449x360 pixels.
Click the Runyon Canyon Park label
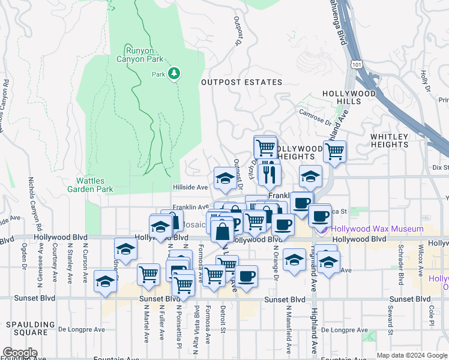pyautogui.click(x=144, y=54)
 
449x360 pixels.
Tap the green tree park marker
pyautogui.click(x=174, y=73)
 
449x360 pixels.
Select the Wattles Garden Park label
pyautogui.click(x=94, y=185)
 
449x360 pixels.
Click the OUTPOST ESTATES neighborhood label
pyautogui.click(x=241, y=82)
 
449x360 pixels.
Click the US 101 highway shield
pyautogui.click(x=357, y=62)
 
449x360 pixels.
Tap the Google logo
pyautogui.click(x=19, y=353)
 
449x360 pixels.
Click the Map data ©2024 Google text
pyautogui.click(x=412, y=355)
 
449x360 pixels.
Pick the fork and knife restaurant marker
pyautogui.click(x=269, y=175)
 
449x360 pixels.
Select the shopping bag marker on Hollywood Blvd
pyautogui.click(x=222, y=230)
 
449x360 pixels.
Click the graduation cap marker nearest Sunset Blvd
pyautogui.click(x=105, y=281)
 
